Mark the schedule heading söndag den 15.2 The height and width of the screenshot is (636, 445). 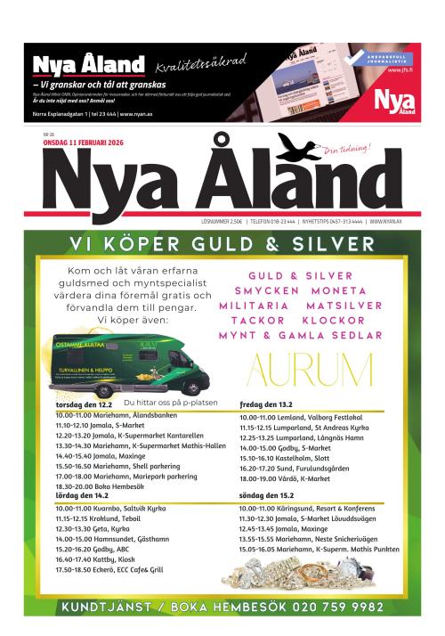[x=266, y=494]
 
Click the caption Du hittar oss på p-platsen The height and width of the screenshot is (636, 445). [x=174, y=403]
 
